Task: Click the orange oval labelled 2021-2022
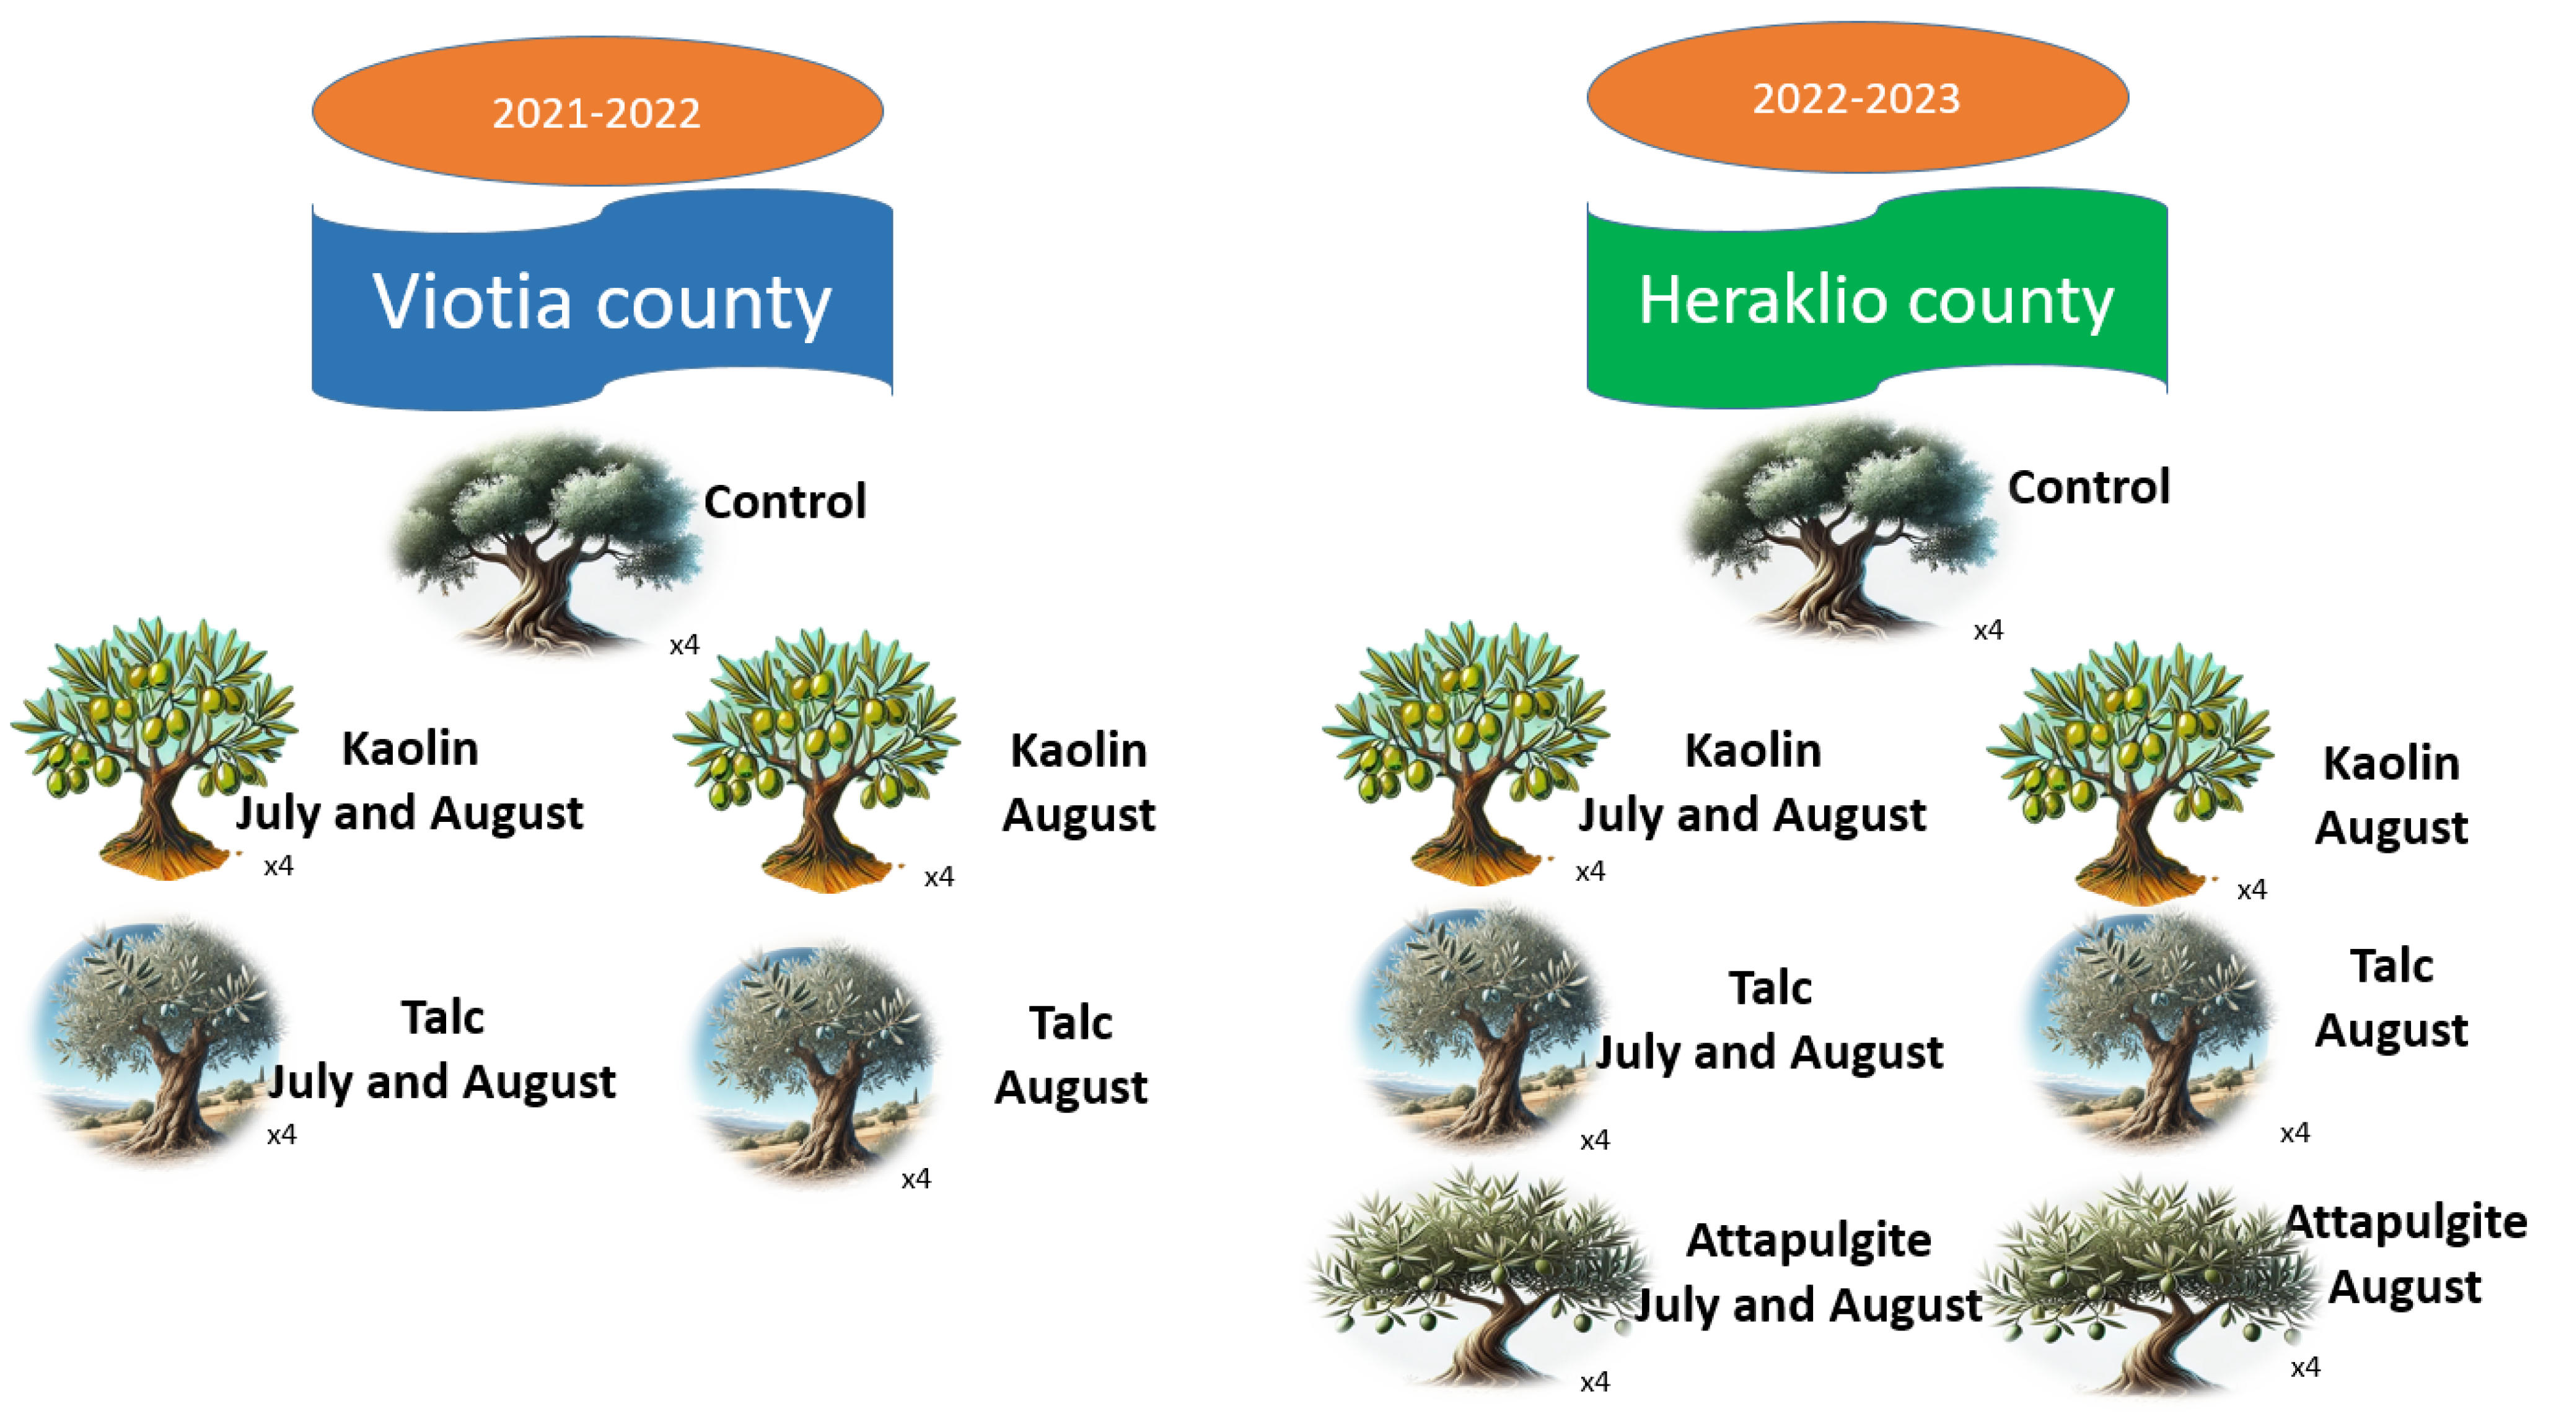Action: point(597,111)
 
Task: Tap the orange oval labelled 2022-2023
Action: point(1857,97)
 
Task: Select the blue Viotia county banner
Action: point(602,300)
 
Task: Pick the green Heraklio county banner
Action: point(1877,298)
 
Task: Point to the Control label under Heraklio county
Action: point(2089,487)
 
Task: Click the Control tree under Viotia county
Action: point(548,543)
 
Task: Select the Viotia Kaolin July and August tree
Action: point(154,748)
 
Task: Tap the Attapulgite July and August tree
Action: point(1475,1277)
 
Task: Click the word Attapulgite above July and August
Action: point(1808,1240)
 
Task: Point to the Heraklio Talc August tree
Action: point(2147,1030)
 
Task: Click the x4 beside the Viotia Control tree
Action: point(684,645)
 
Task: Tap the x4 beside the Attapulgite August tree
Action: point(2306,1368)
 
